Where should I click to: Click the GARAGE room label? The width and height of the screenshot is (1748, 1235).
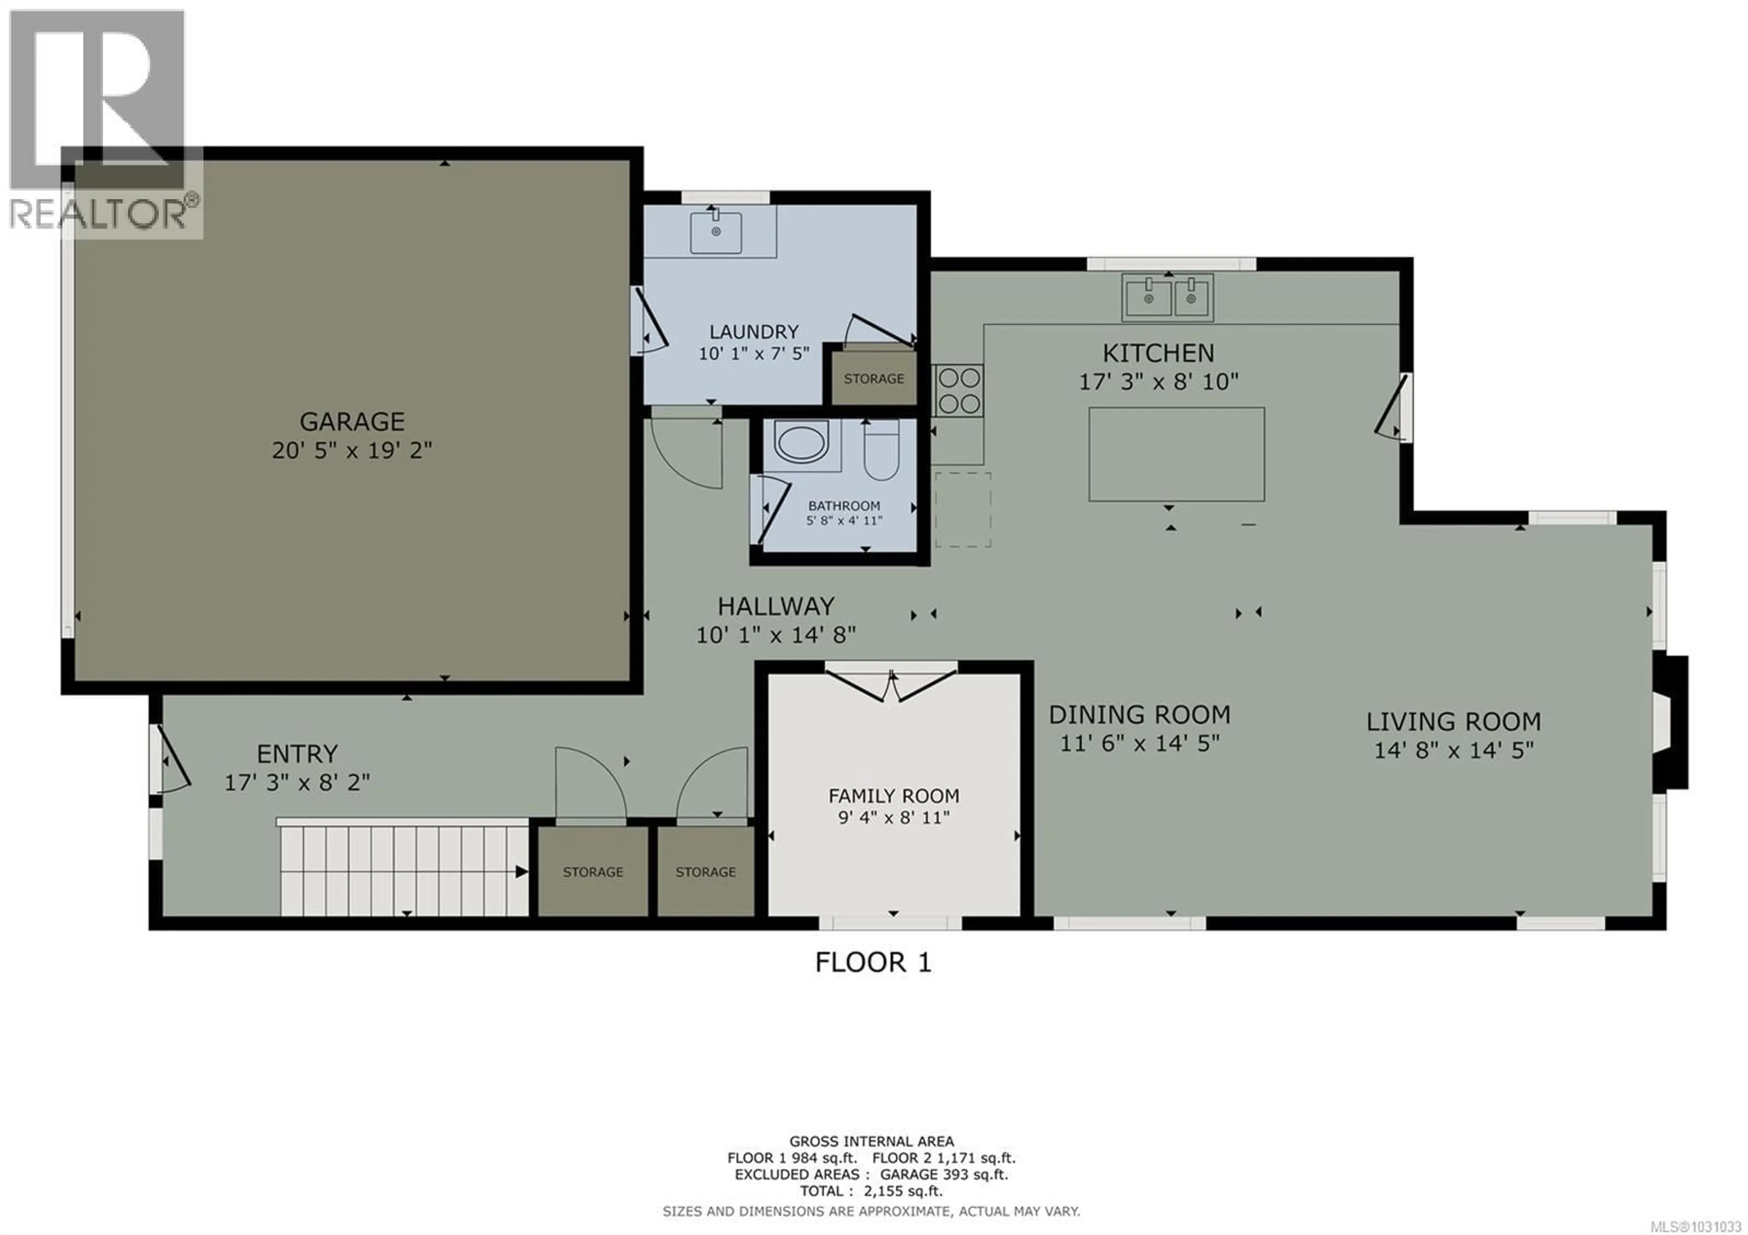tap(352, 421)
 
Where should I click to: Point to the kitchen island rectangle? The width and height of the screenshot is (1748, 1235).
tap(1176, 454)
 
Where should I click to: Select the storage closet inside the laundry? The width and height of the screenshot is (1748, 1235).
tap(873, 378)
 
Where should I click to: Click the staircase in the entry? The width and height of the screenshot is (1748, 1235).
tap(403, 870)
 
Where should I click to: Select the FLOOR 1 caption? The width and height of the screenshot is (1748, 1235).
tap(873, 962)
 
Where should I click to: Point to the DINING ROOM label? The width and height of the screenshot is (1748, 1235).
tap(1139, 714)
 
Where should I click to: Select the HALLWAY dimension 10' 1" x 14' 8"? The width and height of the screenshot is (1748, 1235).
tap(776, 634)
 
